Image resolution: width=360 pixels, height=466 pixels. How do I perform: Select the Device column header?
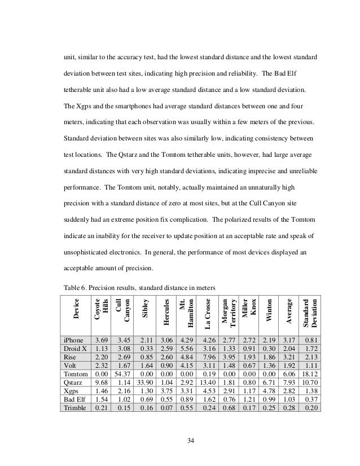coord(77,311)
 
